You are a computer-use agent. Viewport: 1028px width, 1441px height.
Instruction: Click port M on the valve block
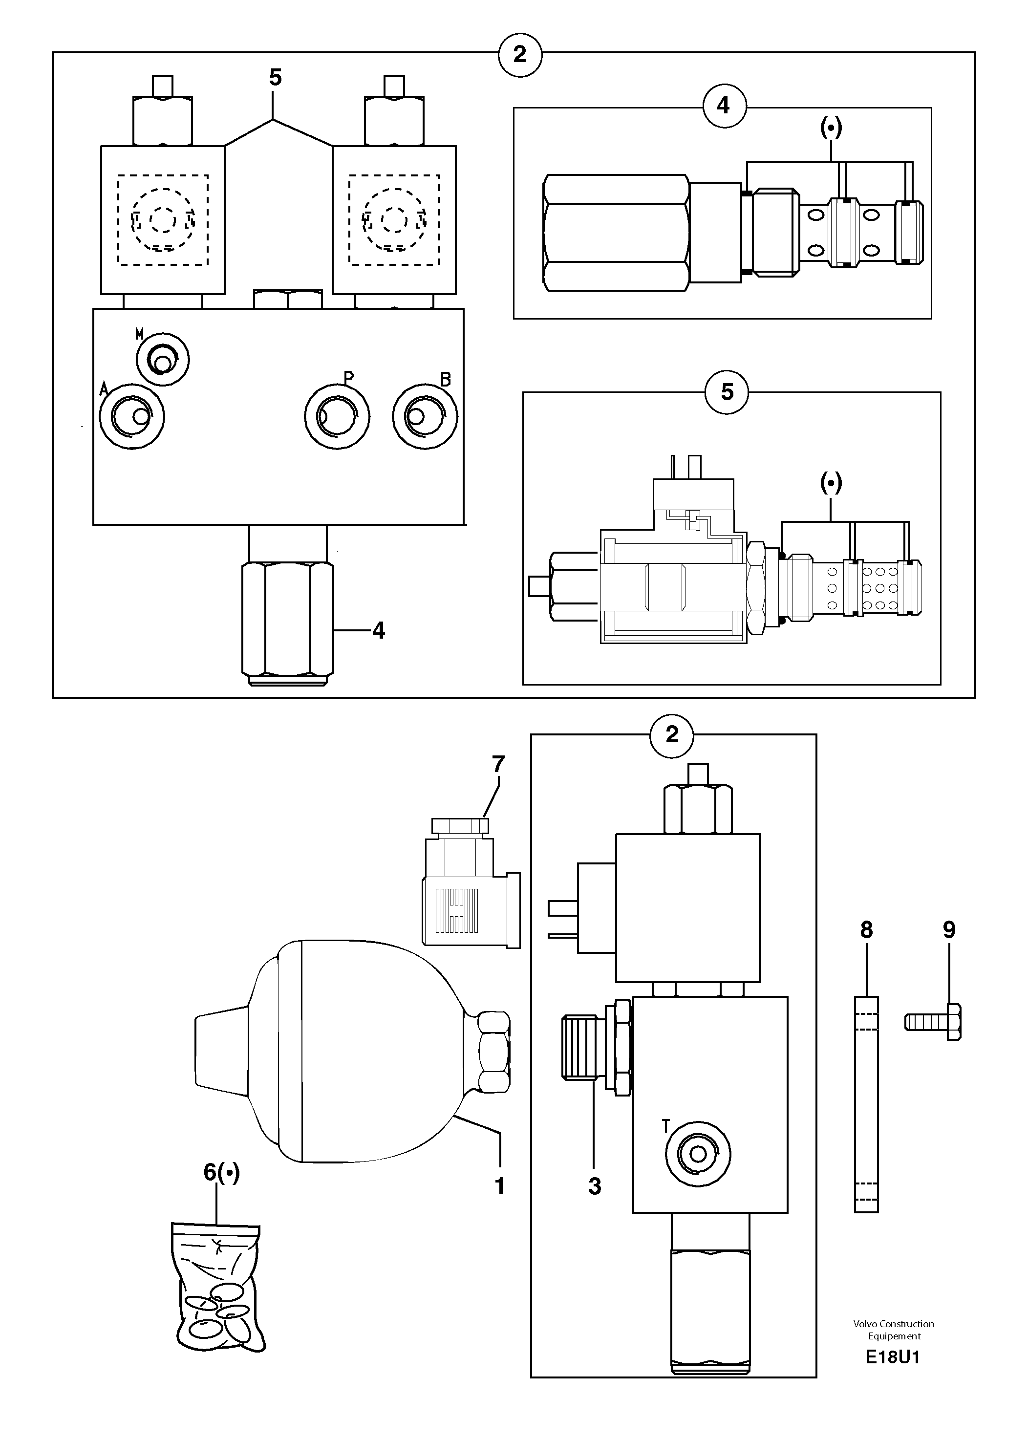tap(163, 360)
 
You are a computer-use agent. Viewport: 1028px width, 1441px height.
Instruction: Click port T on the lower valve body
tap(698, 1154)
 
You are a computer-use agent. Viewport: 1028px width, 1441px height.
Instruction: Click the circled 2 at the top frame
tap(520, 55)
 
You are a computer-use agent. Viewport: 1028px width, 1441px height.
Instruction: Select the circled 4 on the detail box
tap(724, 106)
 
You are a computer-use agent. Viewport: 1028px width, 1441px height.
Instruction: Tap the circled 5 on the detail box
tap(728, 392)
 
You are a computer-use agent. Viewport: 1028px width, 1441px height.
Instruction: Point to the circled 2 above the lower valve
tap(672, 734)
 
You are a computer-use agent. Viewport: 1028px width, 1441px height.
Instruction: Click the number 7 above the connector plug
tap(498, 765)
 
